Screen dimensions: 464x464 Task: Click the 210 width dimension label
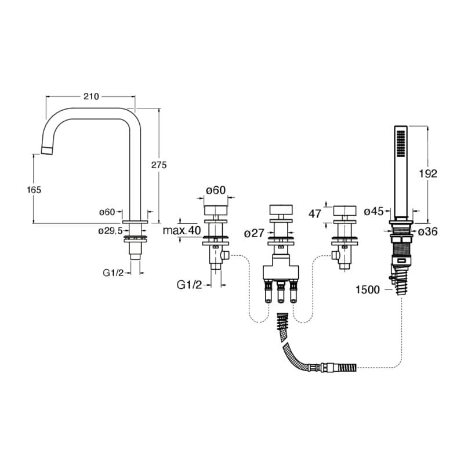click(x=91, y=96)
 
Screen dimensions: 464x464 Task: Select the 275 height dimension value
click(x=158, y=165)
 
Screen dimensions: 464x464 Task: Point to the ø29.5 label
click(x=110, y=230)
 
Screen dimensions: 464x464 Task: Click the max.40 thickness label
click(x=182, y=230)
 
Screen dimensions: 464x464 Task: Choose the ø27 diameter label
click(x=255, y=233)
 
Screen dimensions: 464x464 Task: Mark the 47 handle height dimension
click(x=315, y=213)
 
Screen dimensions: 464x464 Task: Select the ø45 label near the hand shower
click(x=374, y=212)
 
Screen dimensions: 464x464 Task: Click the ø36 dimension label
click(x=427, y=232)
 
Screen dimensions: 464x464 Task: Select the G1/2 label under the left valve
click(x=189, y=284)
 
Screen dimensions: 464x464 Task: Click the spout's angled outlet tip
click(x=48, y=151)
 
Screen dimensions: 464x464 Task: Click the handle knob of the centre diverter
click(x=282, y=211)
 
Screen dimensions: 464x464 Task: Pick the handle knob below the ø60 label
click(x=216, y=211)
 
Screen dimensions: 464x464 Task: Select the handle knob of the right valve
click(x=346, y=211)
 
